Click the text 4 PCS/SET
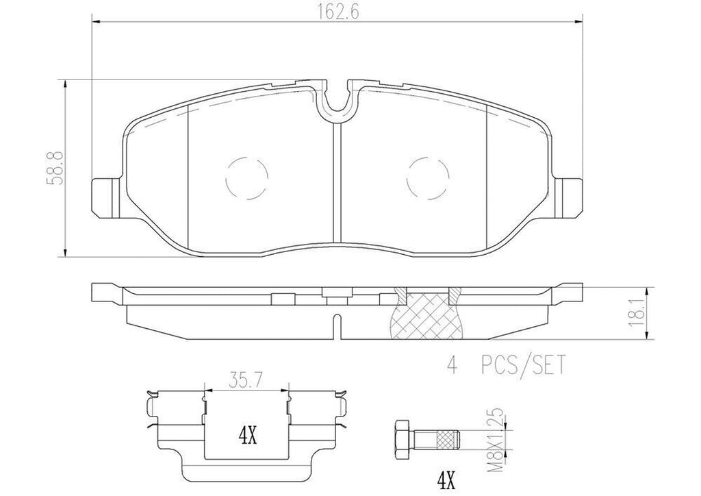pos(509,366)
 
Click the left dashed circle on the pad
pos(246,178)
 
